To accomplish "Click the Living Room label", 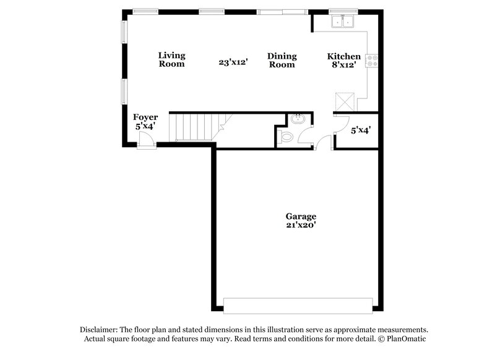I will [171, 59].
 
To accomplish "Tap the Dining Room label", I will [282, 60].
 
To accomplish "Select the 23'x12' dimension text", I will [233, 62].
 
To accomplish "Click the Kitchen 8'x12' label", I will [343, 61].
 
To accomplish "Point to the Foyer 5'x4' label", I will [145, 121].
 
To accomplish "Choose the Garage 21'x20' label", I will [301, 221].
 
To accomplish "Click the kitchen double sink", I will [342, 22].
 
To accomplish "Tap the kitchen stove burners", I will [372, 61].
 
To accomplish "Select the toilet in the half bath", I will [285, 135].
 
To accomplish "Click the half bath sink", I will [297, 119].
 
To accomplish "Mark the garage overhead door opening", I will [298, 306].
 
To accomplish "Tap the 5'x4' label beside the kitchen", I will [360, 131].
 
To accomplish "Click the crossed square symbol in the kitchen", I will [344, 101].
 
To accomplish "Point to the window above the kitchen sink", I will [340, 11].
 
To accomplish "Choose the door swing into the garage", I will [322, 144].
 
